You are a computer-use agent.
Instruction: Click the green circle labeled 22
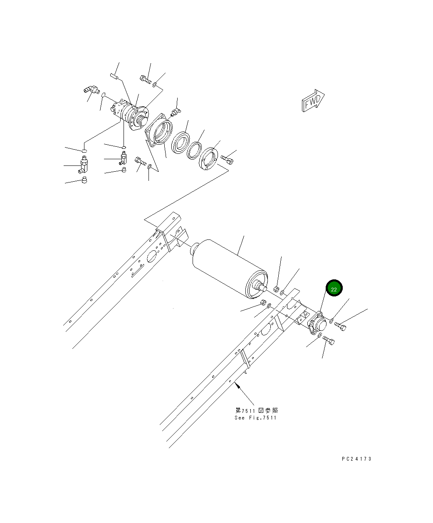coord(334,289)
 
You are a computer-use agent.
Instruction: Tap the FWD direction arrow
coord(312,101)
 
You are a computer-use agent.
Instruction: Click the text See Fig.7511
coord(255,418)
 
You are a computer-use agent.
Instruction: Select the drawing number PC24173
coord(356,459)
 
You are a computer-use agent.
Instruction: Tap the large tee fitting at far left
coord(83,165)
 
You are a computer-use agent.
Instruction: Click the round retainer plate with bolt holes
coord(209,159)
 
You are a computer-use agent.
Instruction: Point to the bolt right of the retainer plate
coord(227,159)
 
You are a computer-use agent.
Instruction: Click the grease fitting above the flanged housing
coord(176,111)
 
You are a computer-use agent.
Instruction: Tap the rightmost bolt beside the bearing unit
coord(340,326)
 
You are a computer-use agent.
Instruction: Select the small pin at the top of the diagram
coord(115,76)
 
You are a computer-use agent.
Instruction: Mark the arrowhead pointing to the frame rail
coord(238,385)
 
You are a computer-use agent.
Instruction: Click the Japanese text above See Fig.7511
coord(256,410)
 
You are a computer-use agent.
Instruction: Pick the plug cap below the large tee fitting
coord(84,180)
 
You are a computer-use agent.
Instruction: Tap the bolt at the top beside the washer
coord(144,79)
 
